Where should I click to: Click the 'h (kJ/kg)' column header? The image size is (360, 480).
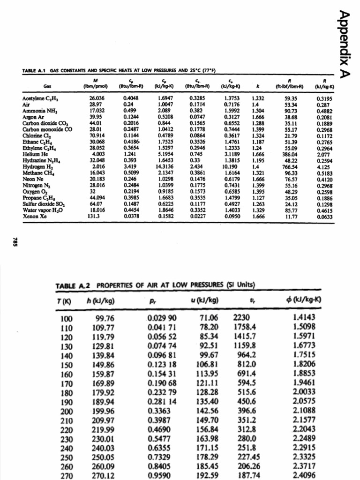pyautogui.click(x=100, y=300)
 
